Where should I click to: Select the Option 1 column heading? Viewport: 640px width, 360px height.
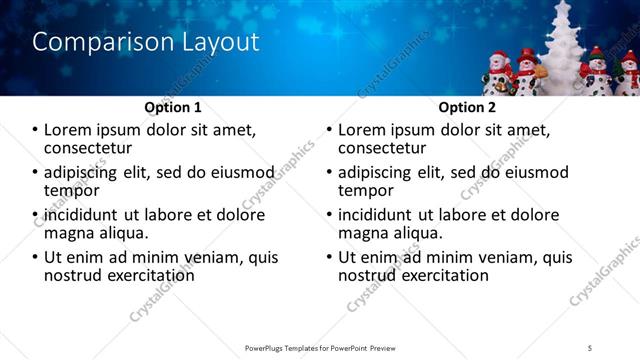[x=173, y=107]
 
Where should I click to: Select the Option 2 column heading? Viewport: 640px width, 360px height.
[x=467, y=107]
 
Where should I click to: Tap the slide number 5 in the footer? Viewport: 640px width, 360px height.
[x=590, y=347]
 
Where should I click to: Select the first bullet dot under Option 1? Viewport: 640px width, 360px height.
[x=35, y=130]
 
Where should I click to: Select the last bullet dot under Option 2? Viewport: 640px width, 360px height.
[x=329, y=257]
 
